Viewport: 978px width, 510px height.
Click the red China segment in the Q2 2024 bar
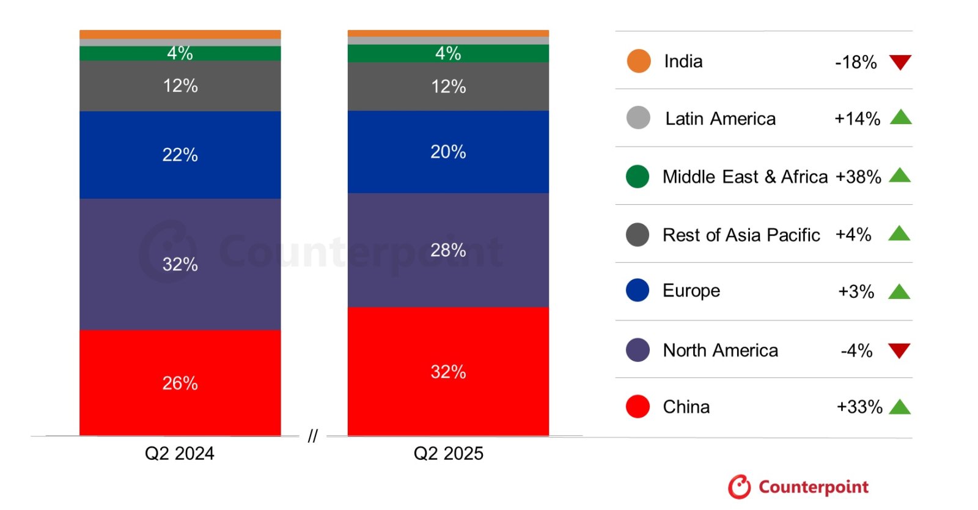click(180, 383)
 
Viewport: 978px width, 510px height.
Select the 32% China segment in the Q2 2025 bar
click(448, 371)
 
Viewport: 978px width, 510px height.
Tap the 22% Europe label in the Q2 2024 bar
click(180, 155)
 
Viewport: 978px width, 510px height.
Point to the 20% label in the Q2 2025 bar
click(448, 152)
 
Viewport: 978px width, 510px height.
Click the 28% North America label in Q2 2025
click(448, 250)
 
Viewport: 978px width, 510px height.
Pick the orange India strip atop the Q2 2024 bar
click(180, 34)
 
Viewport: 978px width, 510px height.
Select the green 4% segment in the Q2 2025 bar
click(448, 53)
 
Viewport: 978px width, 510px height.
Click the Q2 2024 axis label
click(179, 453)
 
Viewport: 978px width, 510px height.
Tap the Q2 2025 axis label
click(448, 453)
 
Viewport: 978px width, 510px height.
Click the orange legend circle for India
click(639, 61)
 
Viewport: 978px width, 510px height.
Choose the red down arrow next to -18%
click(900, 62)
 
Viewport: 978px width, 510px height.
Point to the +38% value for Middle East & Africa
click(858, 177)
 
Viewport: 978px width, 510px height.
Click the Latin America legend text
click(720, 119)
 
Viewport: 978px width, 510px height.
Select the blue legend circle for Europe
click(638, 290)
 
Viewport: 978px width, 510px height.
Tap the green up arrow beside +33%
click(900, 407)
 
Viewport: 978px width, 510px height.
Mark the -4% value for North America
click(856, 350)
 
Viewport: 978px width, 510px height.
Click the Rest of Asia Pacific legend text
click(741, 235)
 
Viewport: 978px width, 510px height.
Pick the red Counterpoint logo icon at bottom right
click(739, 487)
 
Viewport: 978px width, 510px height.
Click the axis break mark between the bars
click(312, 436)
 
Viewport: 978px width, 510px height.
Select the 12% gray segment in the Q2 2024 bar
click(180, 86)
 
